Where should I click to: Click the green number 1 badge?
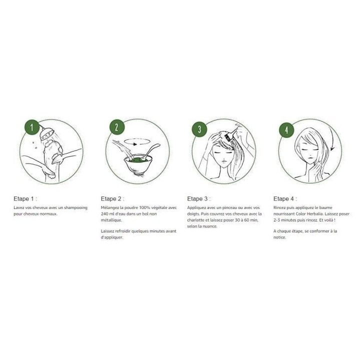pos(31,127)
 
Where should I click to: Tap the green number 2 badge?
pos(117,127)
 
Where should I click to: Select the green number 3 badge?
pos(199,129)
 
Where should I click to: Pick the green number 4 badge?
pos(286,130)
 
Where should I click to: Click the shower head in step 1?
pos(46,133)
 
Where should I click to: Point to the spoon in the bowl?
pos(150,151)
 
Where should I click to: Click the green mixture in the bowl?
pos(138,159)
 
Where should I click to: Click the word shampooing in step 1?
pos(76,208)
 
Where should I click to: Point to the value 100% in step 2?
pos(144,207)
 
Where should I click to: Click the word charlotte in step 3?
pos(195,220)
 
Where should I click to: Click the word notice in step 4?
pos(279,237)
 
